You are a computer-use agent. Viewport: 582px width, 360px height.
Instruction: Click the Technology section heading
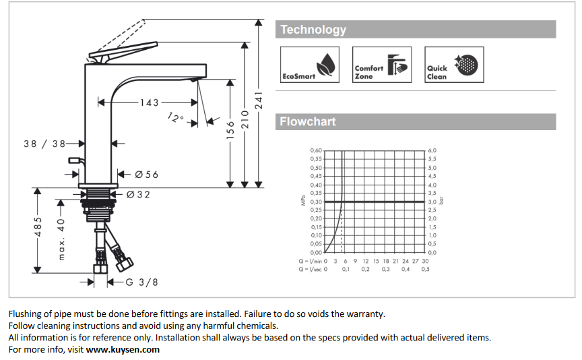pos(313,30)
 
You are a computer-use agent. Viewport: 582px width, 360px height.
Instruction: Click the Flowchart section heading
pos(308,122)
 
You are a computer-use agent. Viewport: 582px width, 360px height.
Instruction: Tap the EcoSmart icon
pos(309,65)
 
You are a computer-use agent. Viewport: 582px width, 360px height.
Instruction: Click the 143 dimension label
pos(149,102)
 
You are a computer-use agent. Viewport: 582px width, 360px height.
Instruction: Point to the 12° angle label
pos(176,118)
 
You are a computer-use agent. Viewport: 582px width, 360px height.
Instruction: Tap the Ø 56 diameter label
pos(146,175)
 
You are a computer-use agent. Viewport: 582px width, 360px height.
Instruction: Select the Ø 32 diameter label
pos(138,195)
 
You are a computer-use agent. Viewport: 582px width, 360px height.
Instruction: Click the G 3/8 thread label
pos(141,282)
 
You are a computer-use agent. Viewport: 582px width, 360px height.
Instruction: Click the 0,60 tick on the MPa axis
pos(315,150)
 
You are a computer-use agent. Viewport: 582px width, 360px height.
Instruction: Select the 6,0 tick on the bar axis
pos(432,150)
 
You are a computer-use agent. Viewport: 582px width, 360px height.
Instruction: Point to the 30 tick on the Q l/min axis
pos(425,261)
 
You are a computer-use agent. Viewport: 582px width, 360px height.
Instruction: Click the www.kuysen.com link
pos(123,349)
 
